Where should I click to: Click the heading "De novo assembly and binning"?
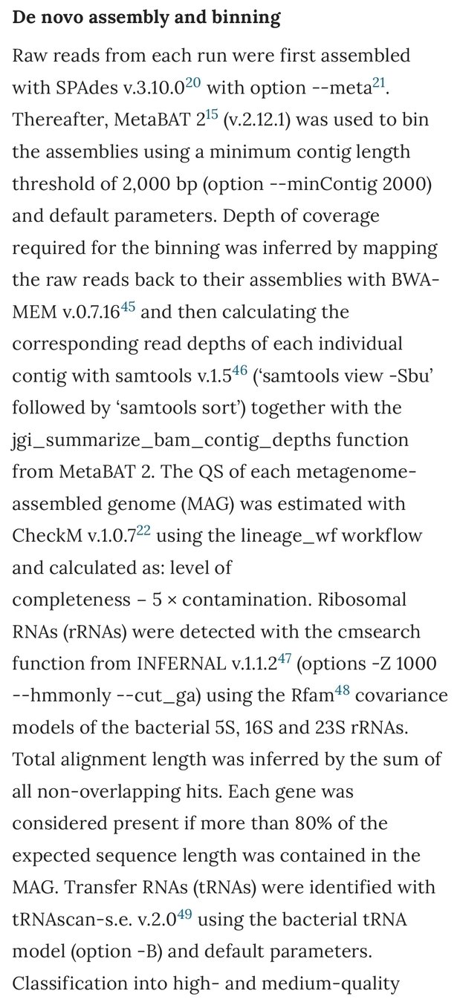[x=146, y=18]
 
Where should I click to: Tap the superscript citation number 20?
[x=192, y=82]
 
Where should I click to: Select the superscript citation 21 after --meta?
[x=381, y=82]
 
